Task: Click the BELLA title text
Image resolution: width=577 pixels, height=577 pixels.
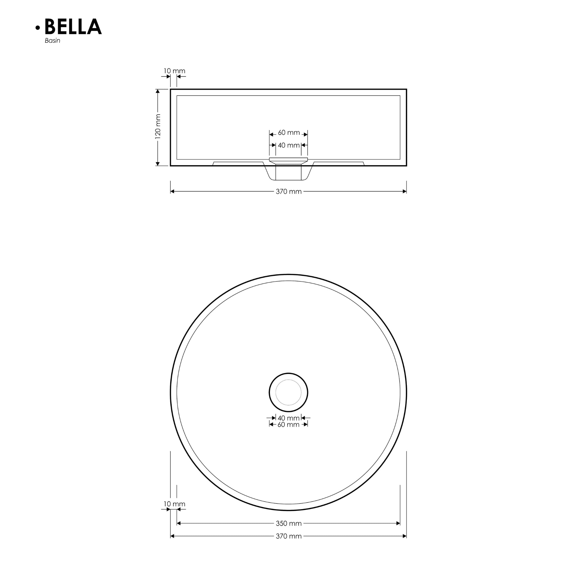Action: [73, 27]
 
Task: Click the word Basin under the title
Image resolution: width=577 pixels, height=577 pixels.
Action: [53, 41]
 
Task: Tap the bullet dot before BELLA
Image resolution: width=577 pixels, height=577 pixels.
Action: [38, 28]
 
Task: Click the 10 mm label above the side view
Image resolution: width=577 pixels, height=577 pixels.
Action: [174, 71]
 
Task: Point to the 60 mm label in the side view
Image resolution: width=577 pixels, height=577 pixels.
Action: [288, 133]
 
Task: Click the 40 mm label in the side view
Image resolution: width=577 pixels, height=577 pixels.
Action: [288, 145]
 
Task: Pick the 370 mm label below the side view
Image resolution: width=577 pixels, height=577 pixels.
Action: [288, 191]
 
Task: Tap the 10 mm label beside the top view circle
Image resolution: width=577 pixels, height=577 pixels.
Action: [174, 504]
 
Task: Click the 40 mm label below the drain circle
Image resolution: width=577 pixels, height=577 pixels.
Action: [288, 418]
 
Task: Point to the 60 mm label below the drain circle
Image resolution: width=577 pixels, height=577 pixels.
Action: [288, 425]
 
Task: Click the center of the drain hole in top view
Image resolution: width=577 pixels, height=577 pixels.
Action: [288, 392]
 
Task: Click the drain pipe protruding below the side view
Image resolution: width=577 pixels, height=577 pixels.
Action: [288, 173]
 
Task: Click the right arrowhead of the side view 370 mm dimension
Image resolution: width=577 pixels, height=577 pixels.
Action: [405, 191]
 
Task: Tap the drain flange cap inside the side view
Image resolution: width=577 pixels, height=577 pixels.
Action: [288, 159]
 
